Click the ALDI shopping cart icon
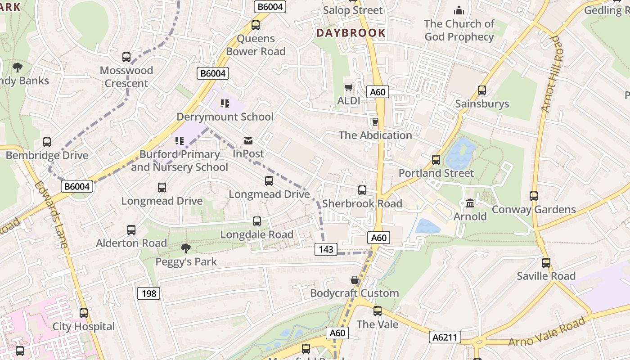[348, 87]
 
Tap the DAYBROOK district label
[351, 33]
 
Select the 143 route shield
[326, 249]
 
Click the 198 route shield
[148, 294]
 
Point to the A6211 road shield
[445, 337]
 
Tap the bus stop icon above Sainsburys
[482, 90]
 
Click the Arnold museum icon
[470, 203]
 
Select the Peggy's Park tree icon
[185, 248]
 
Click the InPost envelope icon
[248, 141]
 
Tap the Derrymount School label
[225, 117]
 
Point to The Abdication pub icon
[375, 122]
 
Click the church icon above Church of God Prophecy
[459, 10]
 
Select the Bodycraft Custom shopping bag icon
[355, 280]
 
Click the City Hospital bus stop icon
[84, 313]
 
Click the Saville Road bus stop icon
[546, 263]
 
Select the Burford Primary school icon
[180, 141]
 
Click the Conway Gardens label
[534, 210]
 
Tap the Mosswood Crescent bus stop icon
[126, 57]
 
